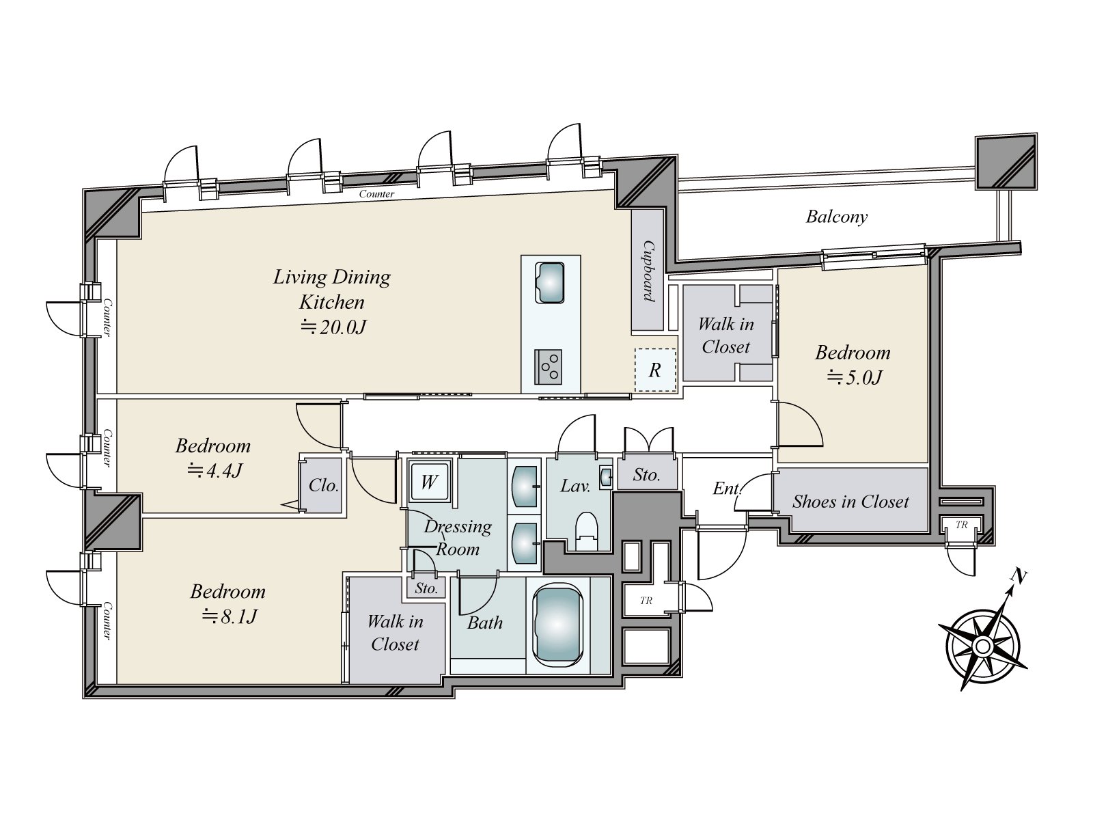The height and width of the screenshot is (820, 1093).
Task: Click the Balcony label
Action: coord(837,217)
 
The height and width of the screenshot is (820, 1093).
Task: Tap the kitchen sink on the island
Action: coord(550,282)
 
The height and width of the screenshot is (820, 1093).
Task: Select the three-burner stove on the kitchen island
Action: coord(549,367)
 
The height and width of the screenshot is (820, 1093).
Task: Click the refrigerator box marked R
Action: coord(655,370)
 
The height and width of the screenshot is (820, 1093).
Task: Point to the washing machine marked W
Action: coord(429,482)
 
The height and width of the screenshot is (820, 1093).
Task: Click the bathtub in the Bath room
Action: coord(557,624)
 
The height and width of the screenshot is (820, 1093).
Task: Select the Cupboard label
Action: coord(648,271)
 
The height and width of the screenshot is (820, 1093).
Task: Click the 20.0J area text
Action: coord(333,327)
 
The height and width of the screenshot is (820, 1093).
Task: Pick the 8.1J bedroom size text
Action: coord(230,616)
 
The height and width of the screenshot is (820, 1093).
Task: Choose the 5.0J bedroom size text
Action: coord(855,377)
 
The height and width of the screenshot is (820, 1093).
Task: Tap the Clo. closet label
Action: coord(323,485)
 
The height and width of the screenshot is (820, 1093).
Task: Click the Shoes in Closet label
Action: coord(850,502)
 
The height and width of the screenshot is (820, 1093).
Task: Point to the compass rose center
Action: coord(982,646)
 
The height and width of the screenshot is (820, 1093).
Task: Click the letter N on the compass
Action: coord(1019,577)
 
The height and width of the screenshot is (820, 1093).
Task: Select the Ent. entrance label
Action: coord(727,489)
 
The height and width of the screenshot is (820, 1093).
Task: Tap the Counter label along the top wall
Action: coord(376,193)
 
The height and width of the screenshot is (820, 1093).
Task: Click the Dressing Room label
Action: coord(458,538)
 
